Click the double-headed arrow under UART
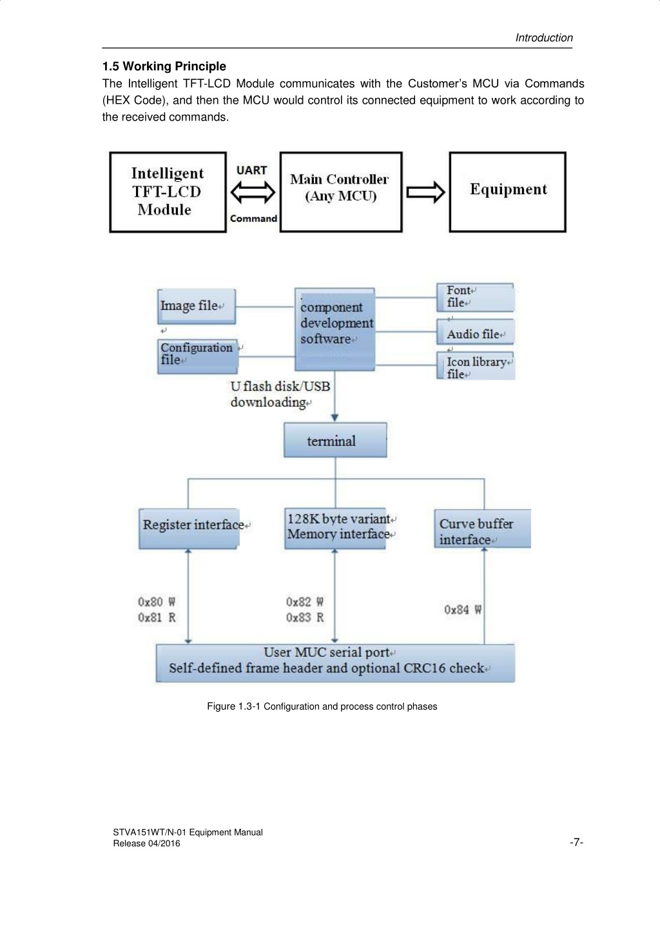[253, 193]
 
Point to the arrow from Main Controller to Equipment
[425, 192]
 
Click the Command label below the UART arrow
[253, 219]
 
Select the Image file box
[197, 306]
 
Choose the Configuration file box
[198, 356]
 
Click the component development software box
[335, 329]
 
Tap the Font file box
[475, 297]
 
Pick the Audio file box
[475, 332]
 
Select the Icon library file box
[476, 365]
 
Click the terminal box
[335, 440]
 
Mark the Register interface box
[189, 529]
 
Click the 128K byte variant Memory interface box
[335, 529]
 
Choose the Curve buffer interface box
[482, 529]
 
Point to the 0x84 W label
[463, 610]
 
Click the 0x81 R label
[157, 618]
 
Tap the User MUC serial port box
[335, 663]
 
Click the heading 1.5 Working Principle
[164, 66]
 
